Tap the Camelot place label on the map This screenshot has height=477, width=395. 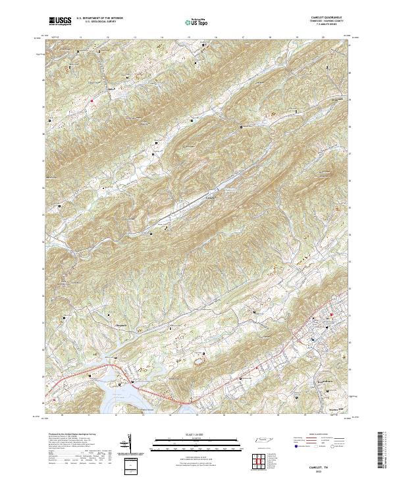click(x=211, y=196)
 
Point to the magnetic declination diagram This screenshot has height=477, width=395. click(x=128, y=443)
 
